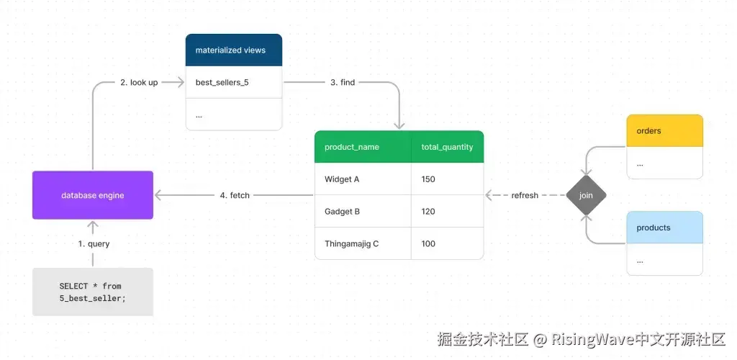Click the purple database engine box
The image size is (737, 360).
[x=92, y=195]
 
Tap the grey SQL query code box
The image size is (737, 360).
[x=92, y=292]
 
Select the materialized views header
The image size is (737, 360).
[x=233, y=50]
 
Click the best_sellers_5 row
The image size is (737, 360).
[x=233, y=83]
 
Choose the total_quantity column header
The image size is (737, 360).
[x=447, y=147]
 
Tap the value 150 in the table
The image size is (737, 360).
[x=429, y=179]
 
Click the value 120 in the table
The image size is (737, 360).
[x=429, y=212]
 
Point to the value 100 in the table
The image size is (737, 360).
[x=429, y=244]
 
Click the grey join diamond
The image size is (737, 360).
[x=585, y=195]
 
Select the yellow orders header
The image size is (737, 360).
[x=664, y=131]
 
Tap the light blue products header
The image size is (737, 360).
[x=664, y=228]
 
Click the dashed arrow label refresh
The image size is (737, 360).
[x=525, y=195]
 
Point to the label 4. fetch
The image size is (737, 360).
[x=235, y=195]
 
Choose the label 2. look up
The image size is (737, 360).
[x=139, y=83]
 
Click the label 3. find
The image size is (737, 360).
[x=343, y=83]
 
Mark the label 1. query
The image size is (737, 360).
[x=94, y=244]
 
